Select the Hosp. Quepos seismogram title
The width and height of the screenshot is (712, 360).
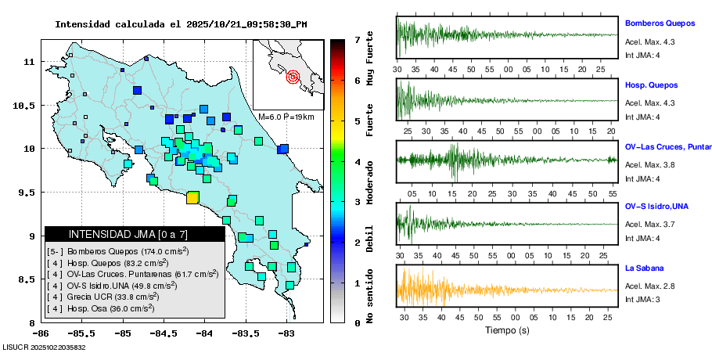(x=651, y=85)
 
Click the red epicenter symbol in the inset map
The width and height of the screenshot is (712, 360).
(x=293, y=77)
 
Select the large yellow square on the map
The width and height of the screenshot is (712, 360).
(x=192, y=198)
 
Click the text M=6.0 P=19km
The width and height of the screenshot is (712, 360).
(x=286, y=117)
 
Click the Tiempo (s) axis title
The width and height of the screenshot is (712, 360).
(x=508, y=330)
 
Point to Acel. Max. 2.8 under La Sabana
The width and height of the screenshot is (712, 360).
(x=649, y=286)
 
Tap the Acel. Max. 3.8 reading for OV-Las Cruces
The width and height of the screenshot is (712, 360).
(x=649, y=164)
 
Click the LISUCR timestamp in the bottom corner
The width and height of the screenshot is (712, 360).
(x=44, y=347)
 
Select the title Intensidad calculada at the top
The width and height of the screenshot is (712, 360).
(x=180, y=24)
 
